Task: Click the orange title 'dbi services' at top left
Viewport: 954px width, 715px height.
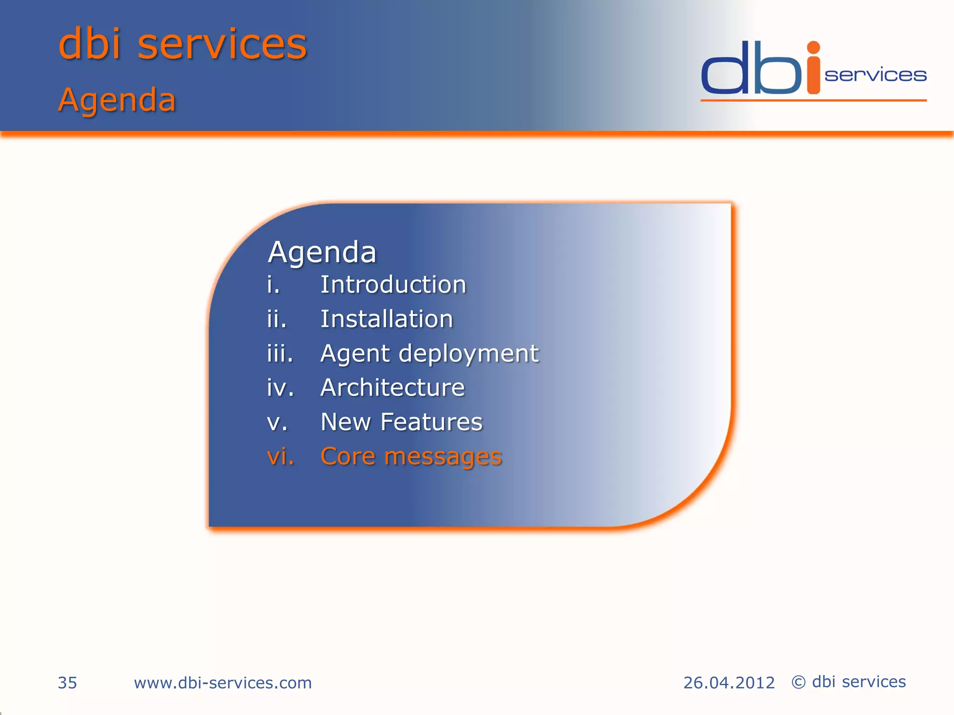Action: click(183, 44)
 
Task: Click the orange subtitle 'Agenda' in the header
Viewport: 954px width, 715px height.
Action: click(117, 100)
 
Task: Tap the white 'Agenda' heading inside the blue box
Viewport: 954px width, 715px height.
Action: click(322, 252)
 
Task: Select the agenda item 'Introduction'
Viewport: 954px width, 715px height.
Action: click(393, 284)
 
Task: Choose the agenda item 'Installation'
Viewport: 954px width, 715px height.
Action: click(387, 319)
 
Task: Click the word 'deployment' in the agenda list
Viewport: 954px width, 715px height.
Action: click(469, 354)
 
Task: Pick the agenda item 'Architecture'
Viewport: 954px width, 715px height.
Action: click(393, 387)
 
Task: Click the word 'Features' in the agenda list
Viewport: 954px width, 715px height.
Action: click(431, 422)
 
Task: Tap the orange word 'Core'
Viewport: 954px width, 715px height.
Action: click(348, 456)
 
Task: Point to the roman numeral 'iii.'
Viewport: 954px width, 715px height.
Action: click(280, 353)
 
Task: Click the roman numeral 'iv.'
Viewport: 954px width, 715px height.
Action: click(280, 387)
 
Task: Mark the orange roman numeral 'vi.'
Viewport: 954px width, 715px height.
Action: click(280, 456)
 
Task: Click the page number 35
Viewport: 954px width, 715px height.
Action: click(67, 683)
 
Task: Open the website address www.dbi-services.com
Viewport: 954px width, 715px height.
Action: click(223, 683)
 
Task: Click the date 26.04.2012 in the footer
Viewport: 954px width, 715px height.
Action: click(729, 683)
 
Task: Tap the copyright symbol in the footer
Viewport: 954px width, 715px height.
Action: click(798, 682)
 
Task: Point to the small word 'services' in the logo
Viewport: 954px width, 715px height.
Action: click(875, 75)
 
